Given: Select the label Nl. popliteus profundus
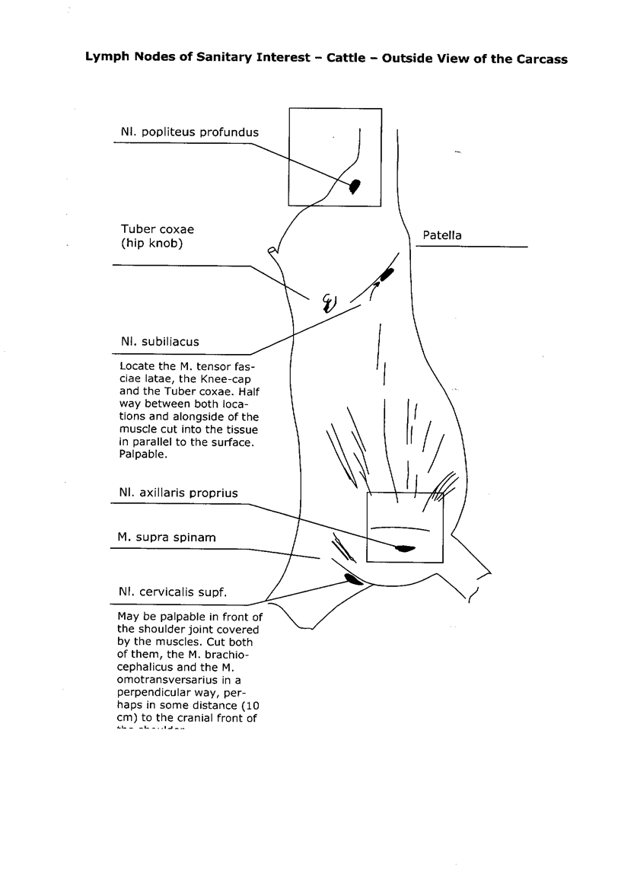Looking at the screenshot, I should tap(189, 132).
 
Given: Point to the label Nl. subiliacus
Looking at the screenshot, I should tap(159, 341).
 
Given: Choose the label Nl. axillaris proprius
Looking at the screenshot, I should tap(178, 493).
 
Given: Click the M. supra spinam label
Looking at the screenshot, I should tap(167, 537).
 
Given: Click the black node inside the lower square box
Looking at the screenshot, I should tap(403, 547).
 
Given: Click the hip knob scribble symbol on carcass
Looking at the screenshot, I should tap(329, 303).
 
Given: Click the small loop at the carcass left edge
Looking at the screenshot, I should tap(272, 250).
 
